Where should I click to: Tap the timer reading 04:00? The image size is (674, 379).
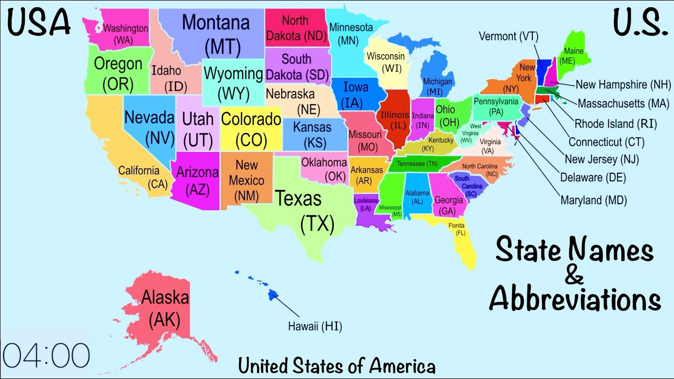point(47,355)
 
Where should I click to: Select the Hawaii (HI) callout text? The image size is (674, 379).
point(315,326)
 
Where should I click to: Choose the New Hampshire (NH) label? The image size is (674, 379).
point(623,85)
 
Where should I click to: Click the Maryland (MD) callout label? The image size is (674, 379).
point(593,200)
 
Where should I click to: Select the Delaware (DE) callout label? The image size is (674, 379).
point(593,177)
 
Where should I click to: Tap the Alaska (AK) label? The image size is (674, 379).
point(164,308)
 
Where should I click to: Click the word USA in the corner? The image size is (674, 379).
point(39,22)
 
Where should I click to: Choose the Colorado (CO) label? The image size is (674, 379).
point(251,129)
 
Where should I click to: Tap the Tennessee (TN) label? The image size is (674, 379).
point(418,164)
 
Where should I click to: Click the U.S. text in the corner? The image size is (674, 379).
point(637,22)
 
